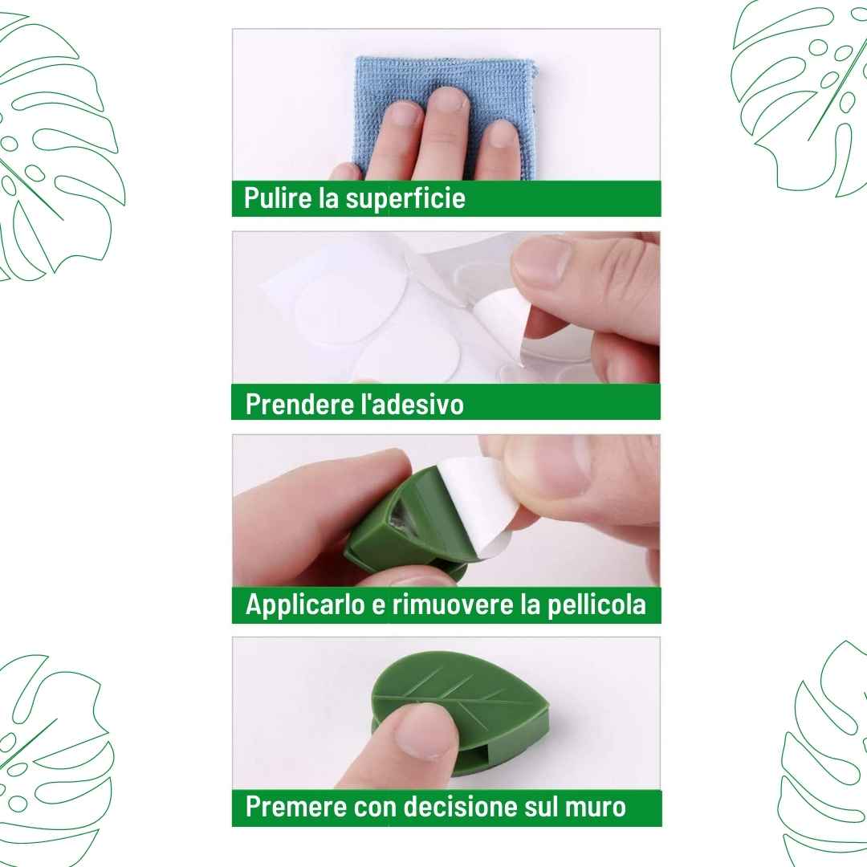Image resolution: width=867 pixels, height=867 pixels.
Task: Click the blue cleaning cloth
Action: click(x=445, y=117)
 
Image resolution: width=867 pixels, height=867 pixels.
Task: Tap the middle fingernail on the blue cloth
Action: click(x=447, y=99)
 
